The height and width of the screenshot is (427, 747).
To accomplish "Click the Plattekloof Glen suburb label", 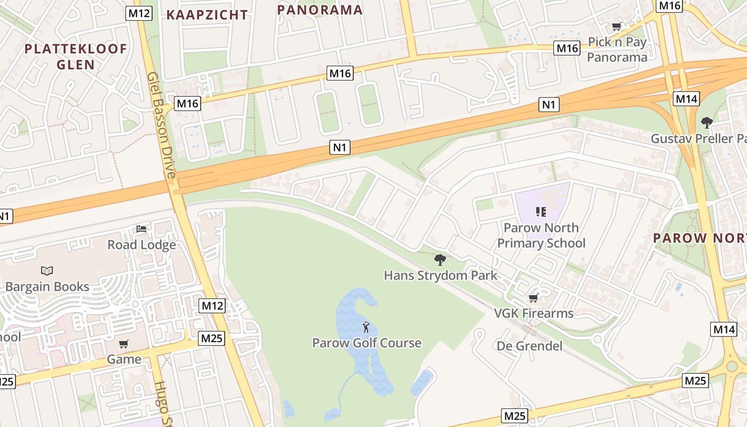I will point(76,57).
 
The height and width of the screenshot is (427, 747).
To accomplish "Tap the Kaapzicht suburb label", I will point(207,15).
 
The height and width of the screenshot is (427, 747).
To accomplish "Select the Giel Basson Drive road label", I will point(162,125).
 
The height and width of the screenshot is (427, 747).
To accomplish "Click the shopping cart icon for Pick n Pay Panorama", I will point(617,27).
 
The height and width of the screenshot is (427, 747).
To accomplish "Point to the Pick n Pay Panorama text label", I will point(617,50).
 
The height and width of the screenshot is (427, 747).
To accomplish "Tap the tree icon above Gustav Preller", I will point(707,123).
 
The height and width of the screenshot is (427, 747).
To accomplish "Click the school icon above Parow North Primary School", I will point(541,212).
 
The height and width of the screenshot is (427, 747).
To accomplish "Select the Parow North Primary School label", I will point(541,235).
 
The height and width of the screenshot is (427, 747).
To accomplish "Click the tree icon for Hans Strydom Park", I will point(440,260).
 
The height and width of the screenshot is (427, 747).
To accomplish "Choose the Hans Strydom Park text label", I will point(440,275).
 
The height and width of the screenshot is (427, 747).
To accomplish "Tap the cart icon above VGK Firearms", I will point(533,298).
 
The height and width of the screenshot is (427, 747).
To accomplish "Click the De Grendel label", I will point(529,346).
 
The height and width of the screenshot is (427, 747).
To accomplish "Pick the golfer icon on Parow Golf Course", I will point(366,327).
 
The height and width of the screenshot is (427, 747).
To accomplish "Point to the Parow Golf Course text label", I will point(367,343).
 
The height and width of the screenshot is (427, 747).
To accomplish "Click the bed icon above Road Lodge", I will point(141,229).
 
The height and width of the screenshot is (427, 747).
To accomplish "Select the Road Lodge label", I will point(141,245).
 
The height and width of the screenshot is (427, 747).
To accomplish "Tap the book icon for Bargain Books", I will point(47,271).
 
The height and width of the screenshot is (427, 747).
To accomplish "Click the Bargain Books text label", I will point(47,287).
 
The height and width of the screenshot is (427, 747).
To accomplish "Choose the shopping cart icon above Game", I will point(124,344).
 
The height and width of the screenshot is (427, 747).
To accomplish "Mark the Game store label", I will point(124,359).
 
